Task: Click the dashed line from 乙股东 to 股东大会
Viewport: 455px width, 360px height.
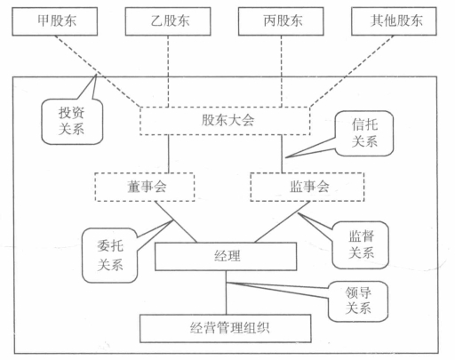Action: click(x=168, y=71)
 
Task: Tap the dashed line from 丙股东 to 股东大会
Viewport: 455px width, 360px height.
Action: click(x=282, y=71)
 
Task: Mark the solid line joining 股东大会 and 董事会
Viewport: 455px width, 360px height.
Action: click(x=169, y=154)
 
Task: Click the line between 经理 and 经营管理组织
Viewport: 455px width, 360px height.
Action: click(x=226, y=292)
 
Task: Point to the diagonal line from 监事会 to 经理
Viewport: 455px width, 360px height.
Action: click(x=283, y=222)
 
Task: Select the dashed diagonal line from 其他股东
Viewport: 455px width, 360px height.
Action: click(x=352, y=71)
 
